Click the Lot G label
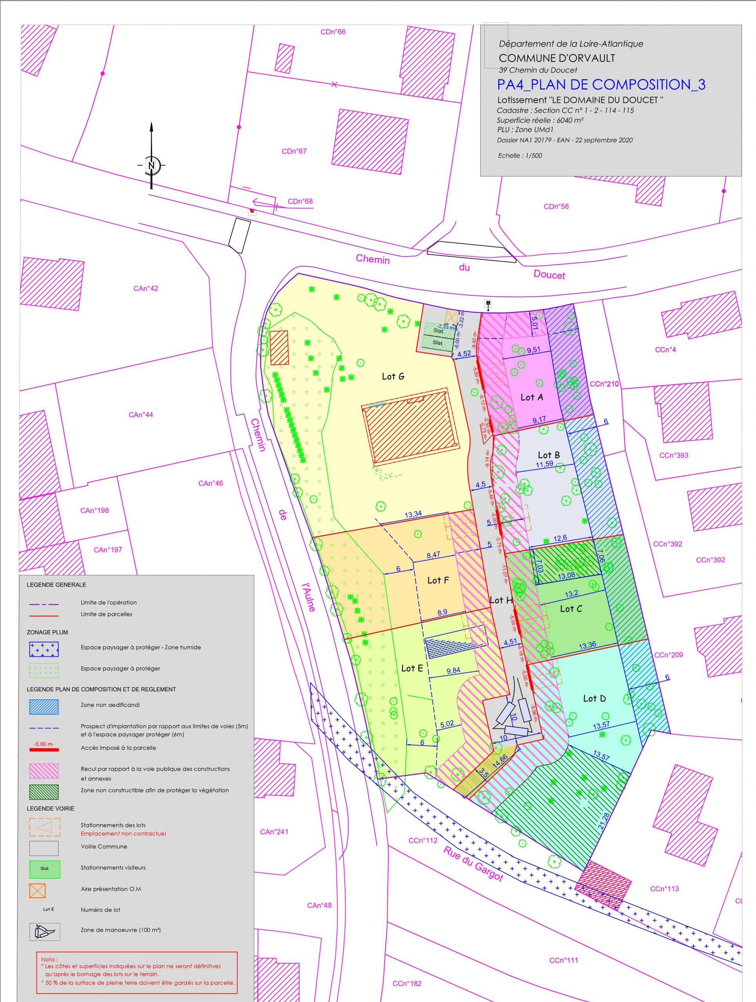click(393, 377)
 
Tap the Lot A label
click(532, 397)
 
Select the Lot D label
click(594, 699)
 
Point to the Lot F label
click(438, 580)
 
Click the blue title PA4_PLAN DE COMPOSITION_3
click(601, 85)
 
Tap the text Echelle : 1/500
click(520, 156)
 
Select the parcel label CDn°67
click(294, 151)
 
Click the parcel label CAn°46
click(211, 483)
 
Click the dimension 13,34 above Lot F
click(413, 514)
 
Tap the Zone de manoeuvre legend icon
click(44, 932)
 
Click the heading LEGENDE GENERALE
click(56, 585)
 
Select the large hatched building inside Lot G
click(411, 427)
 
